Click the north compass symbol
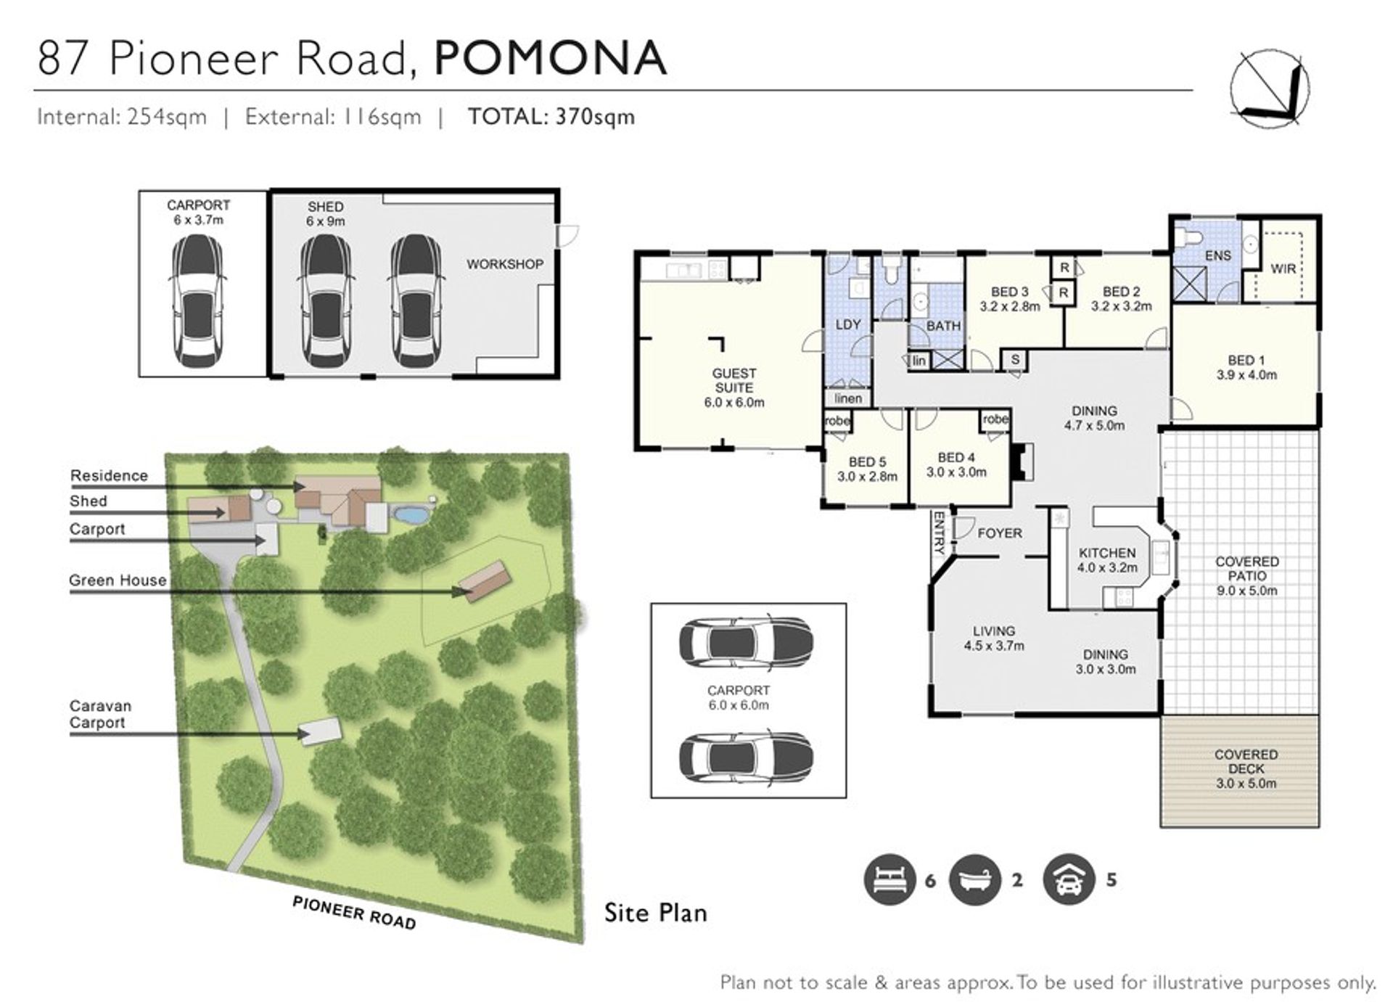pyautogui.click(x=1270, y=90)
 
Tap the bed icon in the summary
pyautogui.click(x=890, y=879)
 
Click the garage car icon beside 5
pyautogui.click(x=1069, y=879)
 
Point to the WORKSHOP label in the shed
pyautogui.click(x=505, y=264)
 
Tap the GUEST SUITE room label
pyautogui.click(x=734, y=380)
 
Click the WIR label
pyautogui.click(x=1283, y=268)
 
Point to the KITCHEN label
pyautogui.click(x=1107, y=553)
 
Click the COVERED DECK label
pyautogui.click(x=1246, y=762)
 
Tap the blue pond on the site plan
pyautogui.click(x=410, y=515)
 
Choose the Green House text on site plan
pyautogui.click(x=118, y=580)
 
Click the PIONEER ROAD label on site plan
pyautogui.click(x=354, y=913)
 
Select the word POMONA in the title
pyautogui.click(x=551, y=58)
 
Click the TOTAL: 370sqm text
pyautogui.click(x=551, y=117)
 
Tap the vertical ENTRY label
pyautogui.click(x=939, y=533)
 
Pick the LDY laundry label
pyautogui.click(x=848, y=324)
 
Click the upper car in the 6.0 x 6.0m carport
pyautogui.click(x=746, y=642)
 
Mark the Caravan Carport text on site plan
pyautogui.click(x=101, y=714)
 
